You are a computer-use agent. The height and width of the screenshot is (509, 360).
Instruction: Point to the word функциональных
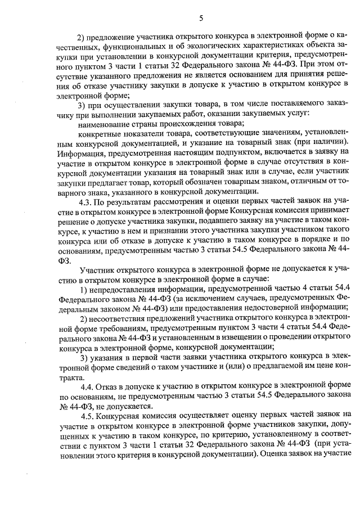pyautogui.click(x=146, y=44)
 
